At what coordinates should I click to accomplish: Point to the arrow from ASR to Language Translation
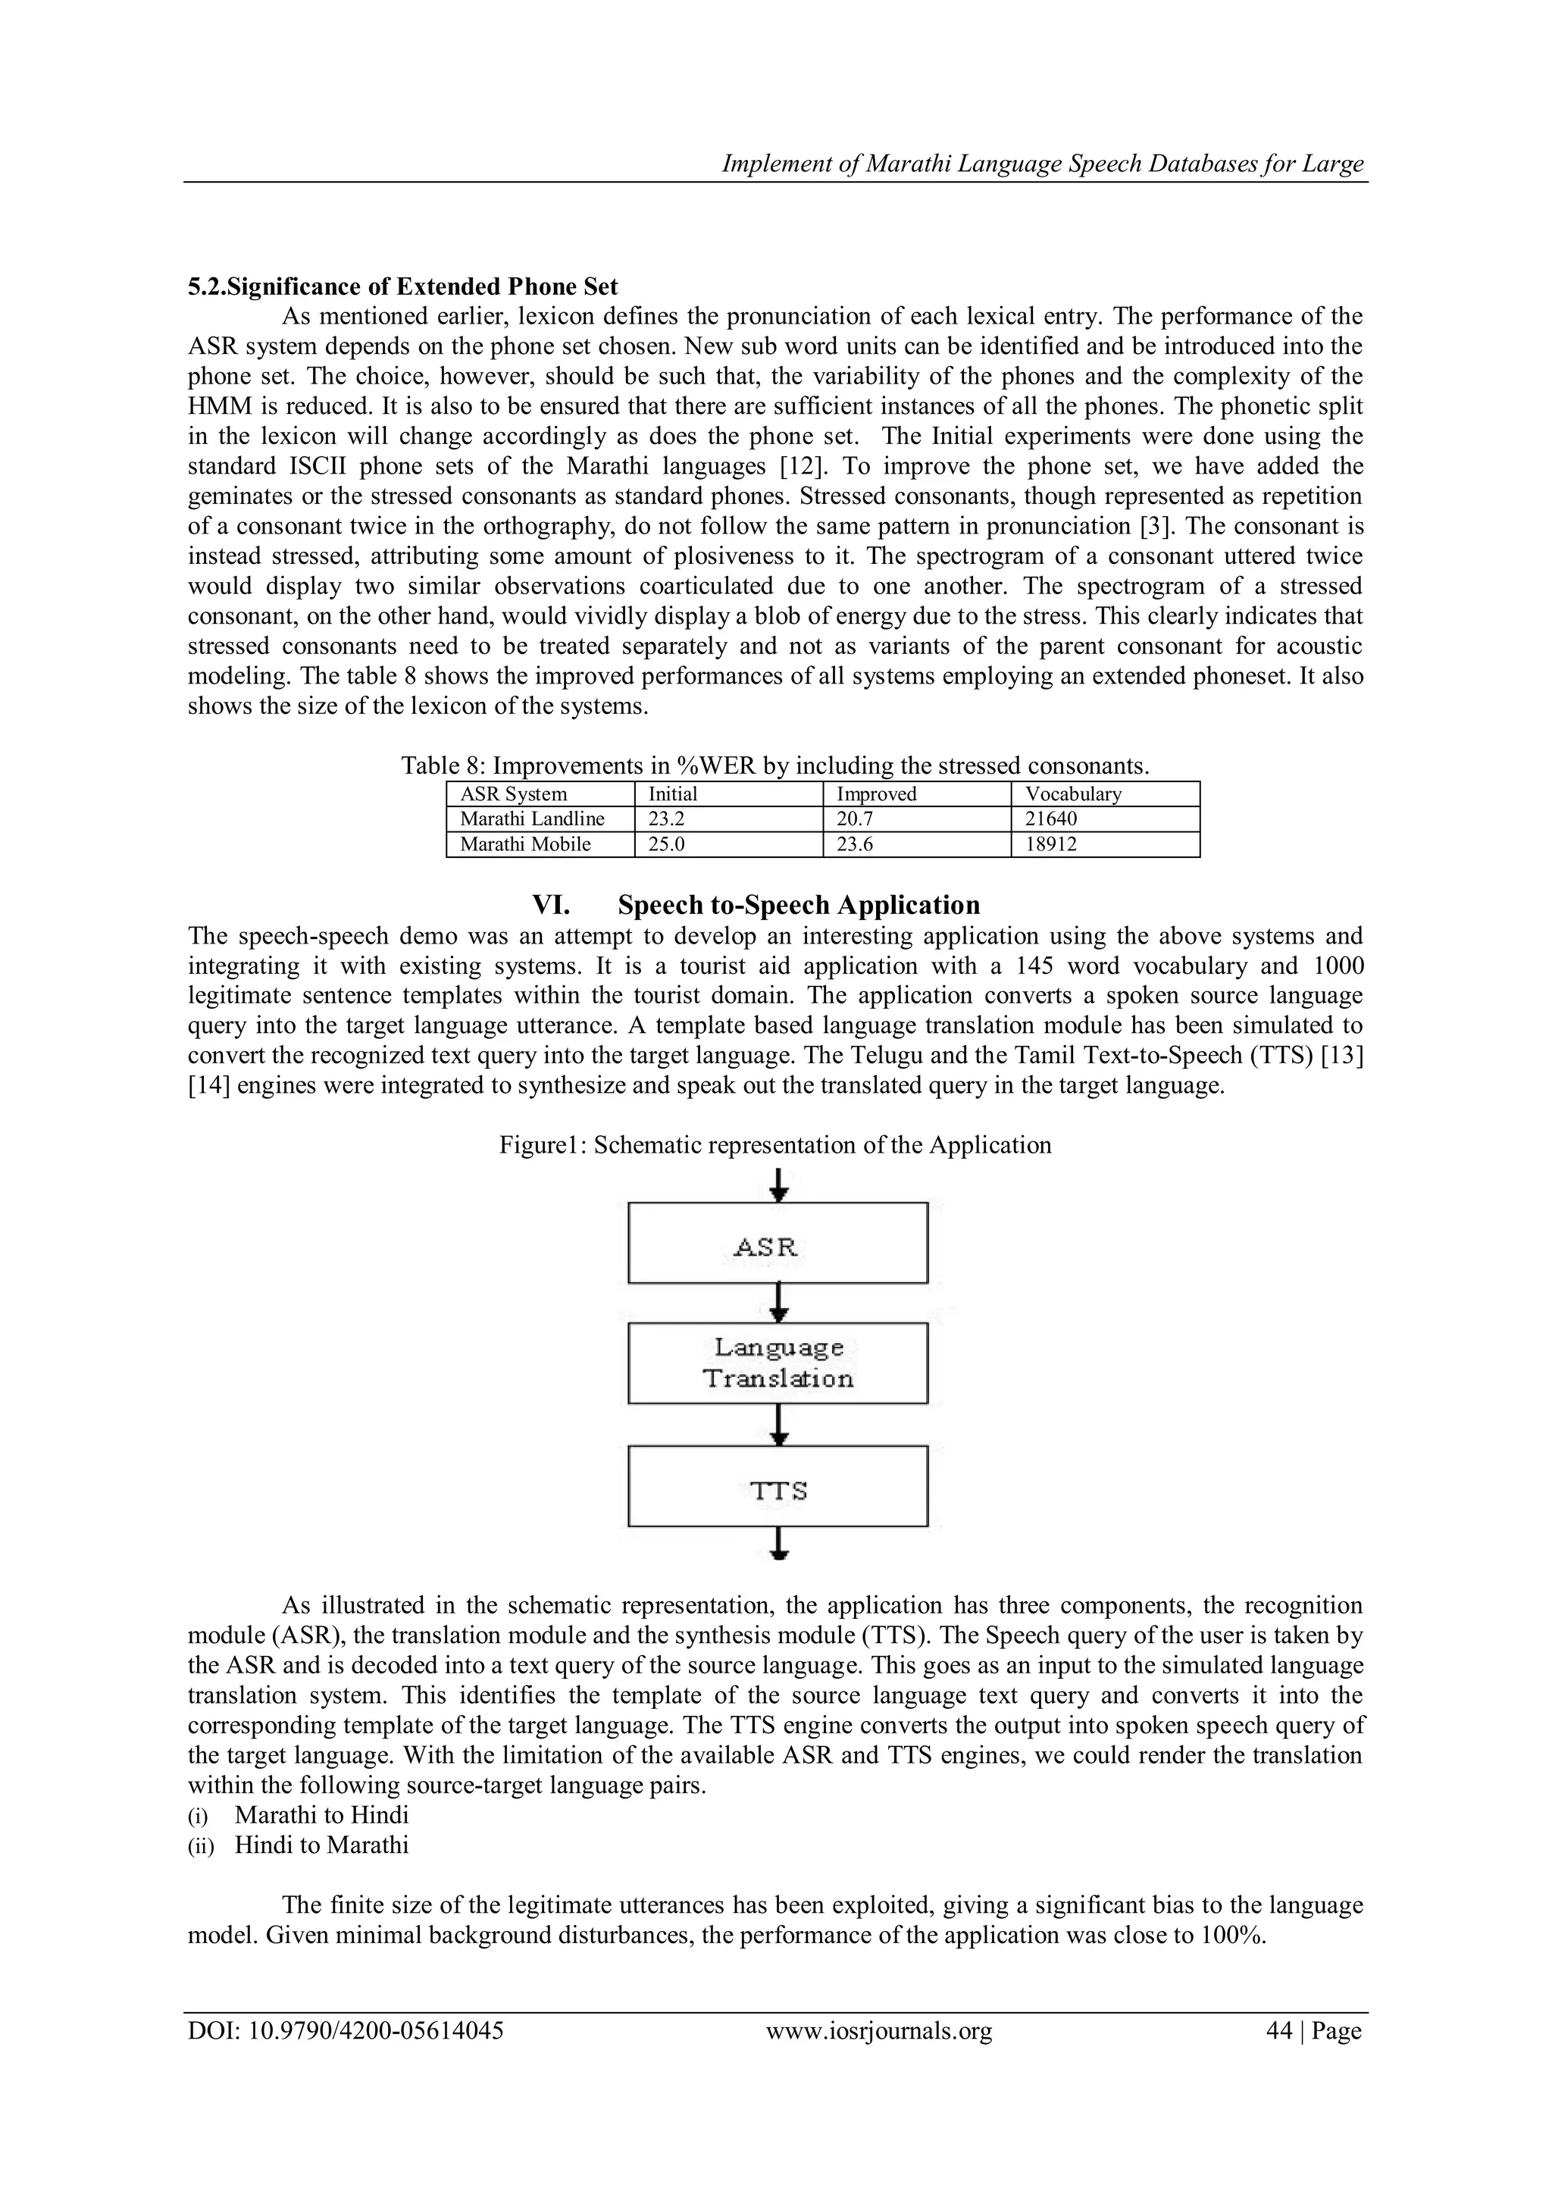779,1303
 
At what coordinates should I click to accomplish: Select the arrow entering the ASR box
779,1185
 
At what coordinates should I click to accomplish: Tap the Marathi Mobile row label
526,843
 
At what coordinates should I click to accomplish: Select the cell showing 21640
1051,819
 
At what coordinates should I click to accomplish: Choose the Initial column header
673,794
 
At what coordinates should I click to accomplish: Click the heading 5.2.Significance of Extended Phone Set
402,286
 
